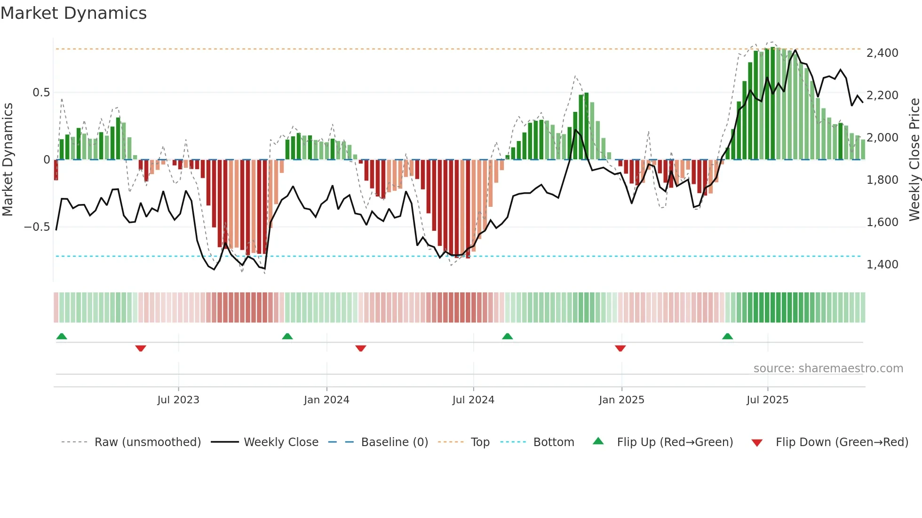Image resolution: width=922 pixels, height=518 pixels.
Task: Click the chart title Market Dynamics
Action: [73, 13]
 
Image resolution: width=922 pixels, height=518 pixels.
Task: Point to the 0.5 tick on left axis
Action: [41, 93]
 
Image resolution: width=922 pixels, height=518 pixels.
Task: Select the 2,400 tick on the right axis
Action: [882, 53]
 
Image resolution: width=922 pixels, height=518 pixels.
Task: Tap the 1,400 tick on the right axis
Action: [882, 265]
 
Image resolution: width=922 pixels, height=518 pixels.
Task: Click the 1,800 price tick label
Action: [882, 180]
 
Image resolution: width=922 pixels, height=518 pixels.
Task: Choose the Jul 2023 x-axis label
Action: [178, 400]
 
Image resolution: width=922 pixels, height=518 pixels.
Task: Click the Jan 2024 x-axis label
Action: [326, 400]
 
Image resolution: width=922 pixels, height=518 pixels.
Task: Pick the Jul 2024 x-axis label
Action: [473, 400]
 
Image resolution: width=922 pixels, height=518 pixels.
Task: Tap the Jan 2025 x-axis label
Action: [621, 400]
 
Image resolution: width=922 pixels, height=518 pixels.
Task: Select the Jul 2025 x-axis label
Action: [767, 400]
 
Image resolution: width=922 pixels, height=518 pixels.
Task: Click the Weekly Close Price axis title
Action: [914, 159]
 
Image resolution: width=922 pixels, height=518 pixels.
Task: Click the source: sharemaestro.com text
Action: [828, 369]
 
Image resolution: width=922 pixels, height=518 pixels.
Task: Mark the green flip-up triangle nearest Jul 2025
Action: [727, 336]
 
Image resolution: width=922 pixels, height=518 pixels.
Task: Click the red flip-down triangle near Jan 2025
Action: [620, 348]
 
